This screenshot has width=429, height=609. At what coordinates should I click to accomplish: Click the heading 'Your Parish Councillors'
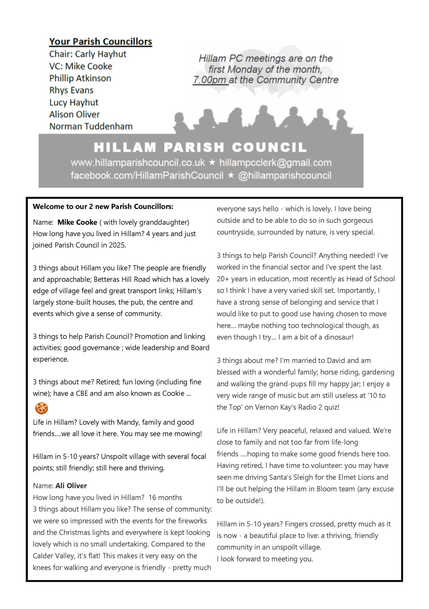click(101, 41)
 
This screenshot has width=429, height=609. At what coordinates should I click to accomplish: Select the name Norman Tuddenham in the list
click(91, 126)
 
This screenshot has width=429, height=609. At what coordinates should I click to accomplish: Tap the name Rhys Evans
click(71, 90)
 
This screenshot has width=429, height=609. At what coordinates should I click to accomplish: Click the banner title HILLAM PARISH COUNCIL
click(200, 147)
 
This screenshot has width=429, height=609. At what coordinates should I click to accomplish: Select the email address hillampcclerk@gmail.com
click(275, 163)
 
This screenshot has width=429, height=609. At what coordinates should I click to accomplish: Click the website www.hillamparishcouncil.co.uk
click(138, 163)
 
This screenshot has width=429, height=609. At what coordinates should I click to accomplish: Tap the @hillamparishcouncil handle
click(284, 175)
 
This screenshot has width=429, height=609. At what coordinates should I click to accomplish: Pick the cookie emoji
click(41, 408)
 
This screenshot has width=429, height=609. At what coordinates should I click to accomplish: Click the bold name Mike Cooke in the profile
click(77, 222)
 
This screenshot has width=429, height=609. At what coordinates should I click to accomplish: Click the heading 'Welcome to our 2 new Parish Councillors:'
click(103, 207)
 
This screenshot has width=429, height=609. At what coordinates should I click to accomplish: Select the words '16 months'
click(165, 497)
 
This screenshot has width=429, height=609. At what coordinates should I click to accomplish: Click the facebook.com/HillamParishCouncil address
click(147, 175)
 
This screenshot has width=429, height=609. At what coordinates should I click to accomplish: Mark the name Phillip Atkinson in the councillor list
click(80, 78)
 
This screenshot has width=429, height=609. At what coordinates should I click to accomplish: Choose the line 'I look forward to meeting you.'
click(265, 559)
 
